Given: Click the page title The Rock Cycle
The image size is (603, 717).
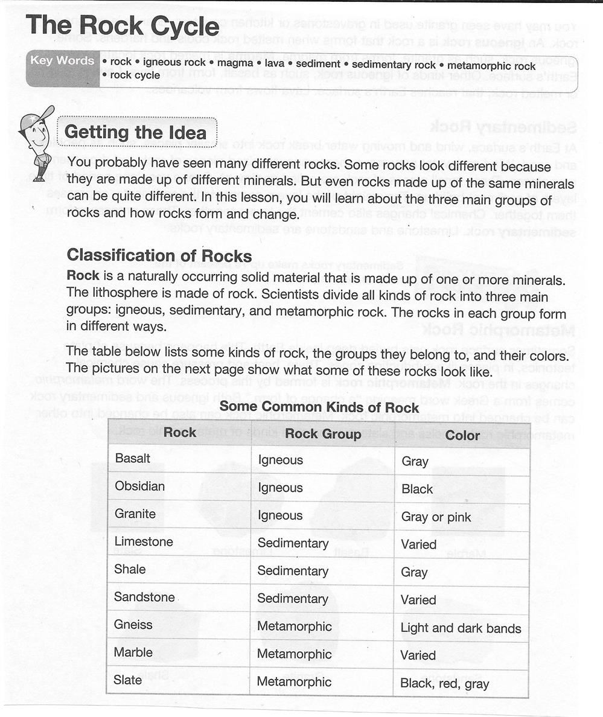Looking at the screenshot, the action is coord(123,27).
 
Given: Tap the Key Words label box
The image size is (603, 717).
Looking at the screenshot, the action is coord(63,68).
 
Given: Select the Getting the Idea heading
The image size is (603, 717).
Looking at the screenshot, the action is coord(135,132).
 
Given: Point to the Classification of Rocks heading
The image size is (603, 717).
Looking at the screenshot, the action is coord(159,255).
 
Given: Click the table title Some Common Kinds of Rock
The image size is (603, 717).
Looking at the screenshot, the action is coord(319,407).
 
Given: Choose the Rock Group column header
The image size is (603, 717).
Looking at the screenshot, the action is coord(323,434).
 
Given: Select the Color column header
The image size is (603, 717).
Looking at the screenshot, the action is coord(462,435).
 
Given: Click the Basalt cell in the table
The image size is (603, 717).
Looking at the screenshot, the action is coord(133,459).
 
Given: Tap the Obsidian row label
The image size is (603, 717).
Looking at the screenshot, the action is coord(139,486).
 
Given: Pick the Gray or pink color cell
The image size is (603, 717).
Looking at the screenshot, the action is coord(436,517).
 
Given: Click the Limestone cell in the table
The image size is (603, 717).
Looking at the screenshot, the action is coord(144,542).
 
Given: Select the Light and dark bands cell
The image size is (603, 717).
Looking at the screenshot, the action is coord(461,628).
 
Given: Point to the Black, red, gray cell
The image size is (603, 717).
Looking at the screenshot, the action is coord(445,684).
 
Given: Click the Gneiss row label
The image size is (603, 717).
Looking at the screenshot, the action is coord(133,625).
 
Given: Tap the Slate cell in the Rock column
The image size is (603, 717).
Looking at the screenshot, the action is coord(128,680).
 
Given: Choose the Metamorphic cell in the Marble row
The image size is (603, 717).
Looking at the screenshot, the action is coord(294,654).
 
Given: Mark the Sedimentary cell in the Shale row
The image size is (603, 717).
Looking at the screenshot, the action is coord(293,571).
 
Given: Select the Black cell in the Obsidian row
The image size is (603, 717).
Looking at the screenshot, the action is coord(417,489).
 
